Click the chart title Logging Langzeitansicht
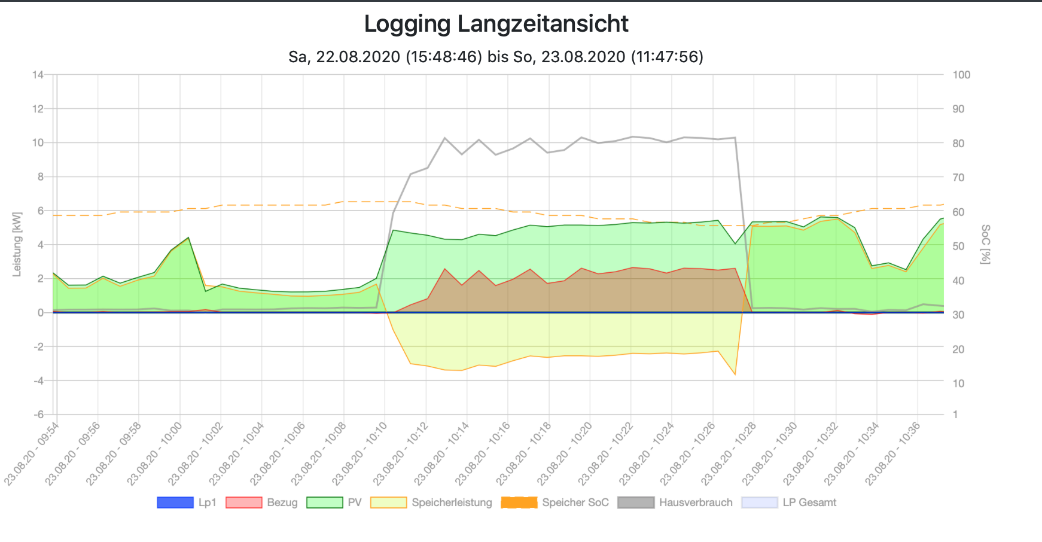[x=496, y=24]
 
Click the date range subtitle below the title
[x=496, y=57]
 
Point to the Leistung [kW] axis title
[x=17, y=244]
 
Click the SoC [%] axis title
[x=986, y=244]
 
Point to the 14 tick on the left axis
[x=38, y=75]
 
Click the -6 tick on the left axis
[x=38, y=415]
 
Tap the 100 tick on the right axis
[x=961, y=75]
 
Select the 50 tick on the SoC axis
[x=959, y=246]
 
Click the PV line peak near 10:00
[x=188, y=237]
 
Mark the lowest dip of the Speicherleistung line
[x=735, y=375]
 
